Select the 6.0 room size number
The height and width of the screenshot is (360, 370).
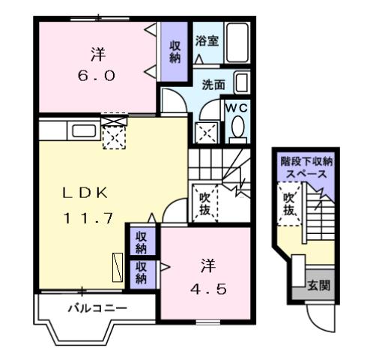click(98, 76)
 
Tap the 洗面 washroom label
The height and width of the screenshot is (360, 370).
click(213, 85)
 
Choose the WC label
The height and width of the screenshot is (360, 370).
click(237, 108)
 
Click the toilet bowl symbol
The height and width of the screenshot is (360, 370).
click(238, 130)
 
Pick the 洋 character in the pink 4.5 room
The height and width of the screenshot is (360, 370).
click(207, 265)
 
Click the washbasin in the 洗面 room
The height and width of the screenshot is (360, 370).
click(240, 82)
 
